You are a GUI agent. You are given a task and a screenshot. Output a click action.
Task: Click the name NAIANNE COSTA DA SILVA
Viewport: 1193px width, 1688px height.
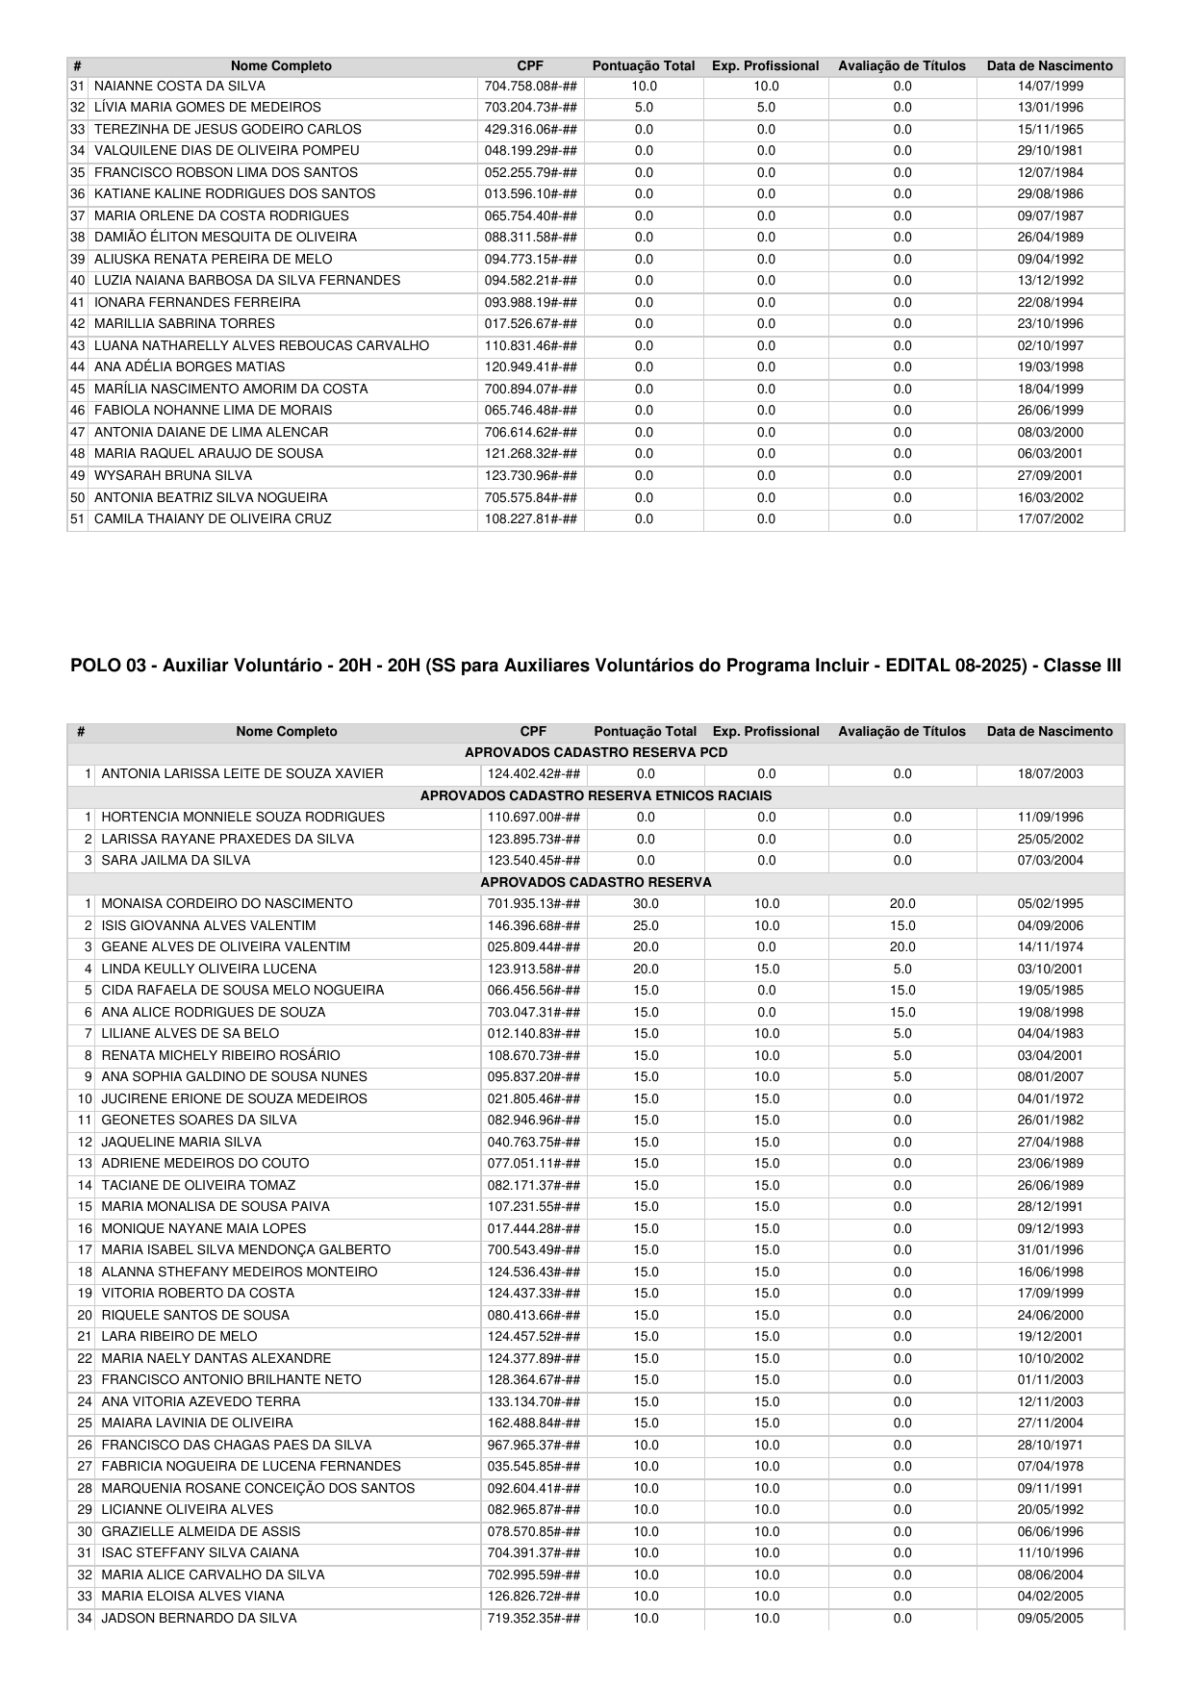point(180,87)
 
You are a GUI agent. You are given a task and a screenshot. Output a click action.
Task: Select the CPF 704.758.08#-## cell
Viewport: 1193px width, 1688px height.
point(531,87)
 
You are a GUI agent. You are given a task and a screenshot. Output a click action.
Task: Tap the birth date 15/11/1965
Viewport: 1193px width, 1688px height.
point(1051,130)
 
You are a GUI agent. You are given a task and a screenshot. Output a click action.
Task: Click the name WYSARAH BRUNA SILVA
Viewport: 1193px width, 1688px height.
point(173,476)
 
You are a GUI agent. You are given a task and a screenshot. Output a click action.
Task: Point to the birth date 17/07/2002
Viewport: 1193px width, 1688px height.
point(1051,519)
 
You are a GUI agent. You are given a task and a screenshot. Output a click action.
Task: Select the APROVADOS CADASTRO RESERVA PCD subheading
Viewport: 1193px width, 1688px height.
point(596,752)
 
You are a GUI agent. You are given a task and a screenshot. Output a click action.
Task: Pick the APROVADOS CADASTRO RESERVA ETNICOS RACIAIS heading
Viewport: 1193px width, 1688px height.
point(596,795)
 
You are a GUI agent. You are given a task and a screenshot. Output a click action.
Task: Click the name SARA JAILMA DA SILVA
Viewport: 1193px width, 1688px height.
point(176,861)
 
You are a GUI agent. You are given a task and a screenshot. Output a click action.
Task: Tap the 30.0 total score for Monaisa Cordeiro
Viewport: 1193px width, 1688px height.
point(646,904)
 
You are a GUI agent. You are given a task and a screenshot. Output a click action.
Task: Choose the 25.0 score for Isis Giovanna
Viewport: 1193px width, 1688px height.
point(646,926)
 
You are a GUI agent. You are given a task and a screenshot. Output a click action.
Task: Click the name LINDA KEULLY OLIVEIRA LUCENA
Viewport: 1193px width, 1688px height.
point(209,970)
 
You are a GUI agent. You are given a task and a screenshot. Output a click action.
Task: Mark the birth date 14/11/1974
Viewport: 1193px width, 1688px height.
point(1051,947)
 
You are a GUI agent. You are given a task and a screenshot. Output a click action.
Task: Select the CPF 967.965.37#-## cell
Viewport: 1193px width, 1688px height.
point(534,1446)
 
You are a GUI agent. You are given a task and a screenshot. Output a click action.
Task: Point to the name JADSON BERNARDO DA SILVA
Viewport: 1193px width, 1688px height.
point(199,1619)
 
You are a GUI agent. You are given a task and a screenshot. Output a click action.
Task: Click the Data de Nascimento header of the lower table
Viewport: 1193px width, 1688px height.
point(1050,732)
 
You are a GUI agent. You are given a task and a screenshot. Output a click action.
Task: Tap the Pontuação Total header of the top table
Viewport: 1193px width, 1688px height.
point(644,66)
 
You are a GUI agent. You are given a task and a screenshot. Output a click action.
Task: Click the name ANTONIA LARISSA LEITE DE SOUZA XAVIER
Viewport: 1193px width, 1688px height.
point(242,774)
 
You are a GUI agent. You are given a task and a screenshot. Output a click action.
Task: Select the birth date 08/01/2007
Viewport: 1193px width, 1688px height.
point(1051,1077)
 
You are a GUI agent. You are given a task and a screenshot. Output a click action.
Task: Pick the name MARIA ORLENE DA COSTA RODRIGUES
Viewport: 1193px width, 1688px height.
point(221,216)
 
